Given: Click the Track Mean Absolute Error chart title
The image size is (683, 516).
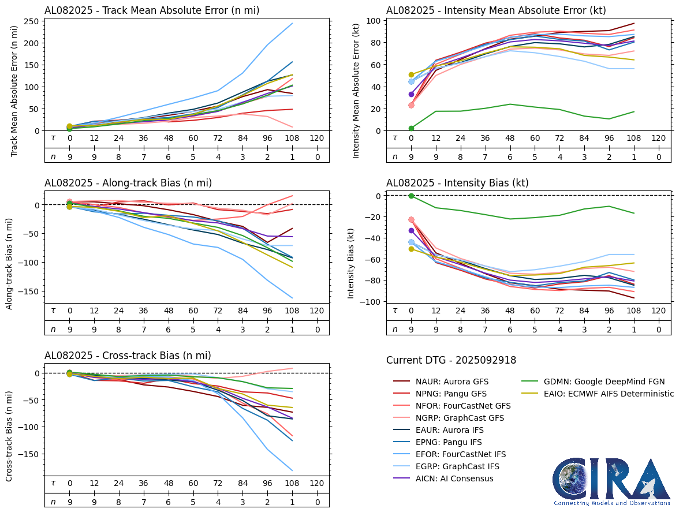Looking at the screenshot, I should tap(152, 10).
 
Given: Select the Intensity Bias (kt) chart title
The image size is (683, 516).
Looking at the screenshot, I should tap(457, 183).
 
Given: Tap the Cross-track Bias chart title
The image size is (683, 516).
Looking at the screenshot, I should tap(128, 356).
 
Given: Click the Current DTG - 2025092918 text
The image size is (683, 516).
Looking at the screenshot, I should tap(451, 360).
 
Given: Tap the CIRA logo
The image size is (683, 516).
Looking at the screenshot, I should tap(611, 481).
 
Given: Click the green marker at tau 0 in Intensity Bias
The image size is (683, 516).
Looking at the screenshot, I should tap(412, 196).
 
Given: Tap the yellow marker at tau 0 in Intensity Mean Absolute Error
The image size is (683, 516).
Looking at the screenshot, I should tap(412, 75).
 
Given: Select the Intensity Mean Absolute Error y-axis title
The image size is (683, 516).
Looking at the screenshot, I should tap(356, 91).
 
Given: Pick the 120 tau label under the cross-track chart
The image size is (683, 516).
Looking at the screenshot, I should tap(317, 483).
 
